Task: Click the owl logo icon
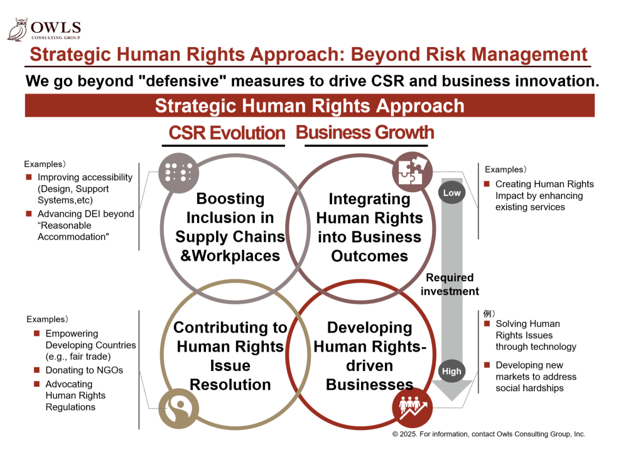tap(18, 30)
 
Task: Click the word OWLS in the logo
tap(56, 28)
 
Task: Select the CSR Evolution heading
tap(227, 133)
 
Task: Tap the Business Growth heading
tap(365, 132)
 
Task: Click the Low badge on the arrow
tap(452, 193)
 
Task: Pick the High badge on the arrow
tap(451, 371)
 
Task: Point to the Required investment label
tap(450, 284)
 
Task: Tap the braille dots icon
tap(179, 173)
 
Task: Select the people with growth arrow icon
tap(412, 407)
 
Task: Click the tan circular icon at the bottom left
tap(179, 409)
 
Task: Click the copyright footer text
tap(489, 434)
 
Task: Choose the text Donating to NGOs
tap(84, 370)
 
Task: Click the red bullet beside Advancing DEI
tap(29, 213)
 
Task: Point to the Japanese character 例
tap(487, 314)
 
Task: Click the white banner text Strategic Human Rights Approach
tap(310, 106)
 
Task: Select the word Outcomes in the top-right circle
tap(369, 256)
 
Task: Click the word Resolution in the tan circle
tap(230, 385)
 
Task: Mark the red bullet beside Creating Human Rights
tap(487, 184)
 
